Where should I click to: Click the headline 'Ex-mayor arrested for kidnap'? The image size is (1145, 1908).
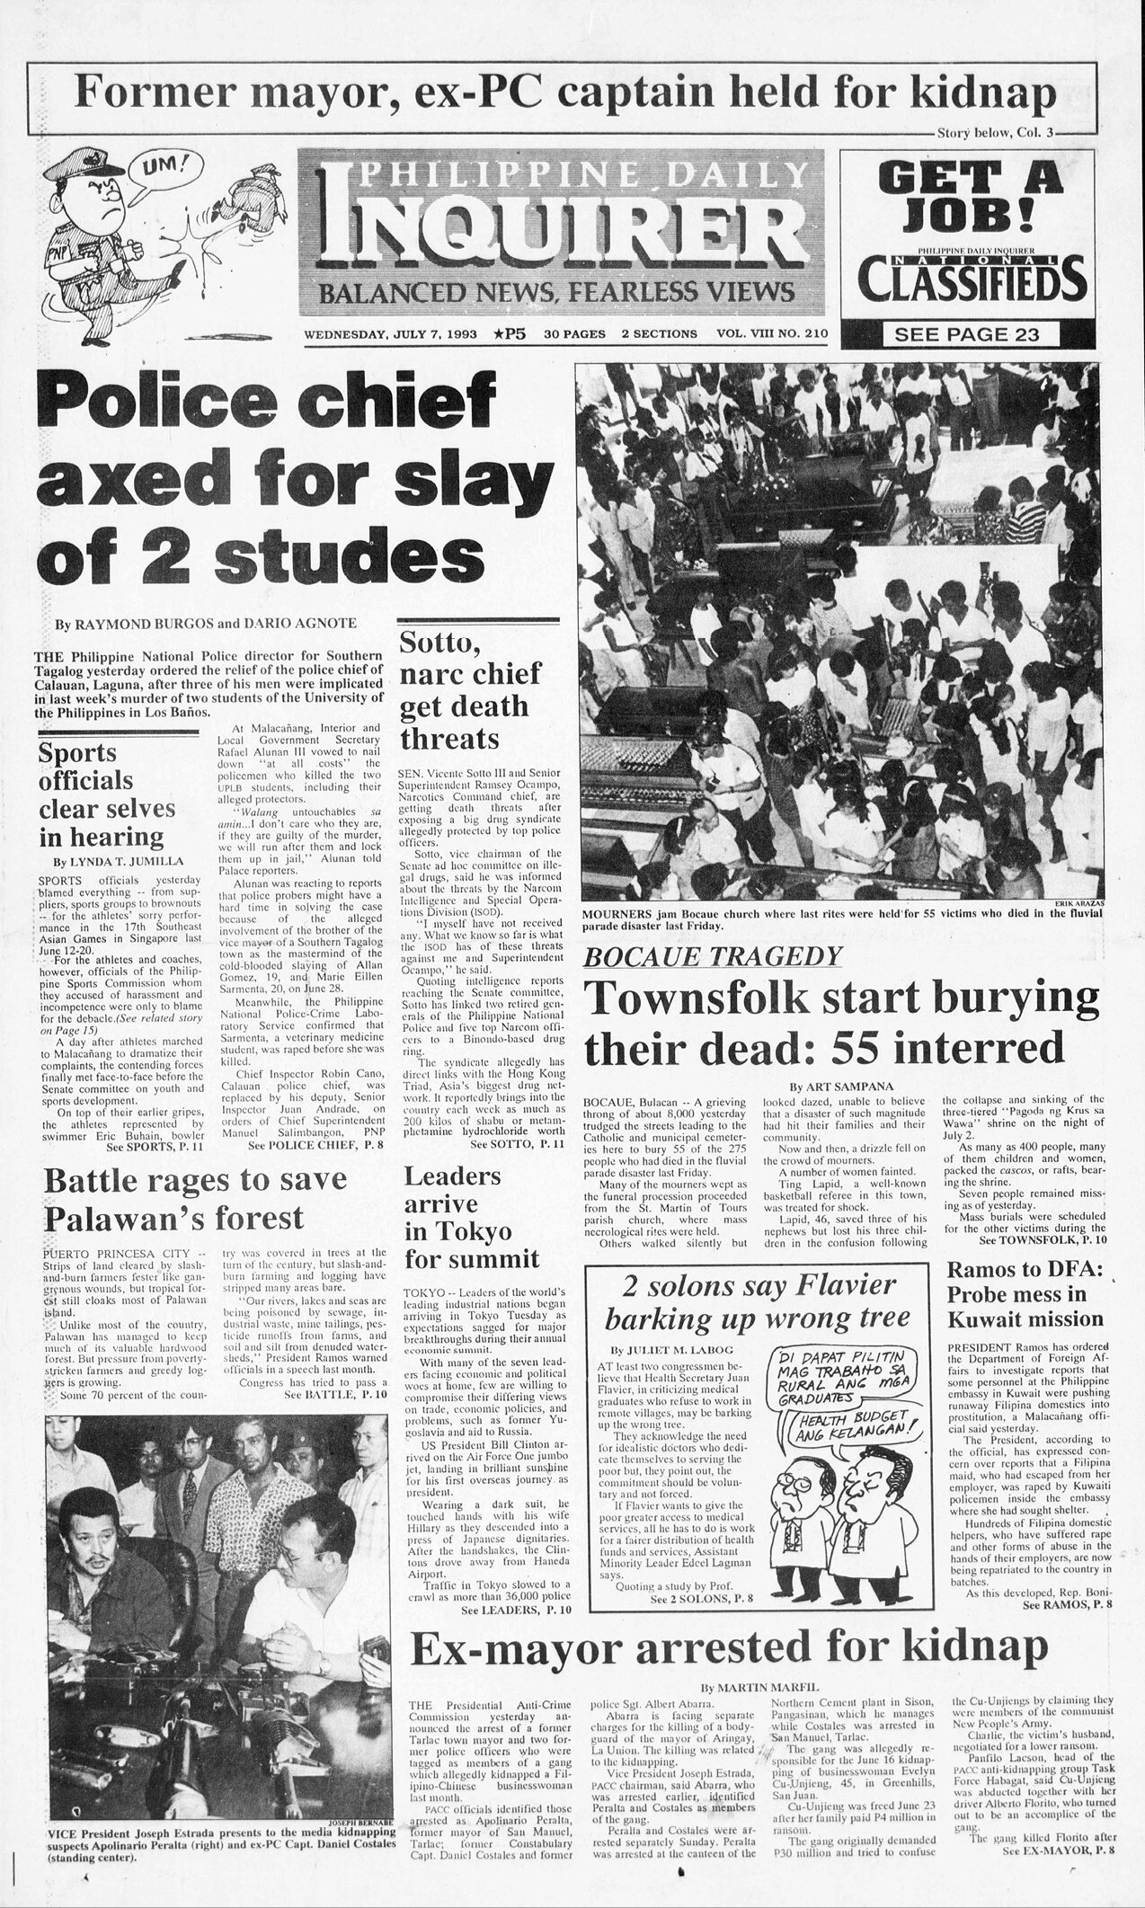tap(729, 1646)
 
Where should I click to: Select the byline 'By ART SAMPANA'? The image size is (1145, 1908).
tap(841, 1086)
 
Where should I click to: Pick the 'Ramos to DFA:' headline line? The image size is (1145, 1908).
tap(1024, 1269)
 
